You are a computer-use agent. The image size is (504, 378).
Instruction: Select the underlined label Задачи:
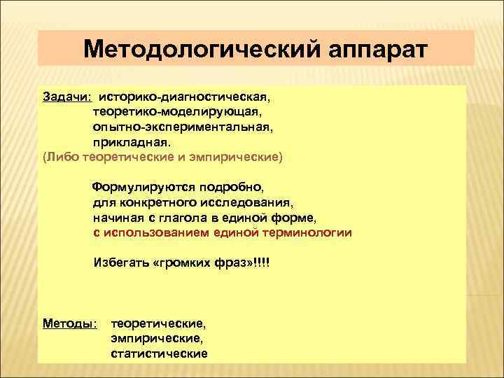click(68, 94)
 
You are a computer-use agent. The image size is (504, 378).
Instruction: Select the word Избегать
click(120, 265)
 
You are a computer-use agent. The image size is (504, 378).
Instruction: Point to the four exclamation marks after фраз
click(260, 265)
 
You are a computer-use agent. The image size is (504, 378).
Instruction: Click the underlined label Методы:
click(69, 324)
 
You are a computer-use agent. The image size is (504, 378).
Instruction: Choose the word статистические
click(159, 353)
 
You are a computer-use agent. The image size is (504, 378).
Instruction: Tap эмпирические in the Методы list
click(156, 339)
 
